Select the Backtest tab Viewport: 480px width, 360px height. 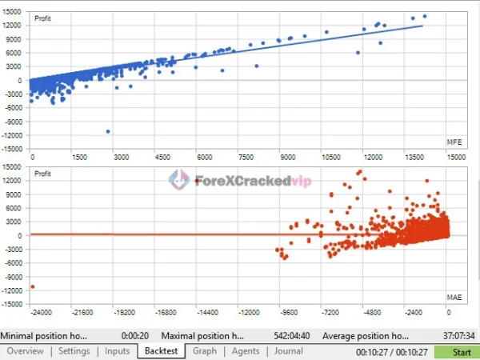point(161,350)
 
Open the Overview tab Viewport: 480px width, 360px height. point(25,350)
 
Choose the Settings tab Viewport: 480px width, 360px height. point(74,350)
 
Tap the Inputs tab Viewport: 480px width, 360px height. point(117,350)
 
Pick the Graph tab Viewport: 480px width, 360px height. point(204,350)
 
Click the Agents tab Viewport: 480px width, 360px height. point(245,350)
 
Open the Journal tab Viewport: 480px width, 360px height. point(288,350)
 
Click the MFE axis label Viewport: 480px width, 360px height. point(454,142)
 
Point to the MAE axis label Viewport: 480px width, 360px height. point(454,298)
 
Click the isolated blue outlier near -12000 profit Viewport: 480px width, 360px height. point(108,131)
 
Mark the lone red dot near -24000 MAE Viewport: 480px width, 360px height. point(33,286)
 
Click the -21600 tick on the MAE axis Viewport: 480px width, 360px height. point(82,313)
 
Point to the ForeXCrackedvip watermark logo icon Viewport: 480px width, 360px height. point(178,180)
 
